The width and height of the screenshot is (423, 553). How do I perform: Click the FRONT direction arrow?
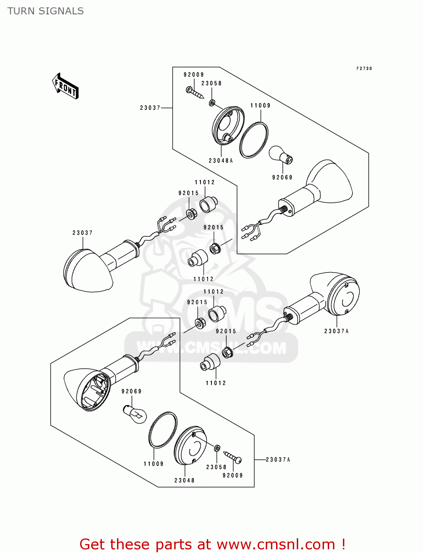click(65, 86)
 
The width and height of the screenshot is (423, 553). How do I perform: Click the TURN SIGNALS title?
click(45, 11)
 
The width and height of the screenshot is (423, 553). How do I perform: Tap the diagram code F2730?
click(364, 69)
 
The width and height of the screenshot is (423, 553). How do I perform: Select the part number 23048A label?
click(221, 161)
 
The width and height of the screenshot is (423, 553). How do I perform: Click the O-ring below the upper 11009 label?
click(254, 140)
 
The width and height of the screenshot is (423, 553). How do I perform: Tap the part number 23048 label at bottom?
click(184, 480)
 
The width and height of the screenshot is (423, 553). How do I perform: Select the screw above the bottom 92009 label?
click(233, 457)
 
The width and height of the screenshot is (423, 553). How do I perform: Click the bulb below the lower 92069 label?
click(135, 414)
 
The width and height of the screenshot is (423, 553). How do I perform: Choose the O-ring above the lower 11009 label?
click(163, 430)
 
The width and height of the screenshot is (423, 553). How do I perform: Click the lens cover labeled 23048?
click(190, 446)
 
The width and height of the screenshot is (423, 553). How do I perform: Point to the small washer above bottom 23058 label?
click(217, 448)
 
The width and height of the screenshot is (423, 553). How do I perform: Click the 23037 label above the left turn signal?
click(82, 233)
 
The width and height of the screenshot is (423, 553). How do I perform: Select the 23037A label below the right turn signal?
click(336, 331)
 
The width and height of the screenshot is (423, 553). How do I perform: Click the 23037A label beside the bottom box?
click(278, 459)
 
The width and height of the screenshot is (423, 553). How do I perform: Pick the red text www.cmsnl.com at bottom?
click(275, 544)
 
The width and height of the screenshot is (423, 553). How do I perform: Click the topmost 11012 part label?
click(205, 182)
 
